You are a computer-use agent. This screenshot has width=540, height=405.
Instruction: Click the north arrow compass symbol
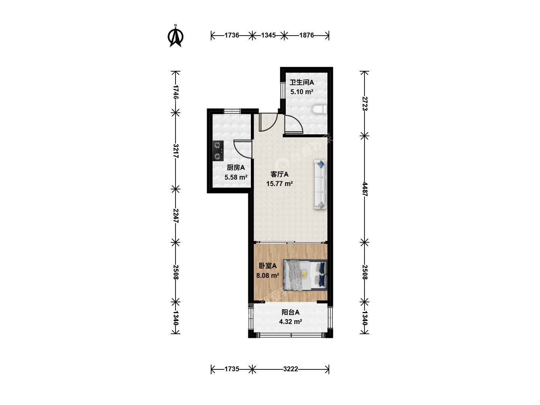point(175,36)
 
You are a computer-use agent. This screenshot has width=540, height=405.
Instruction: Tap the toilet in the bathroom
point(319,109)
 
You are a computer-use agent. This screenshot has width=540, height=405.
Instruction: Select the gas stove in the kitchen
point(218,151)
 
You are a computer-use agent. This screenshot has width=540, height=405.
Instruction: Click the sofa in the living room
point(320,184)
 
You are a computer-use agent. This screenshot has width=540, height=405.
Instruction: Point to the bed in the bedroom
point(305,275)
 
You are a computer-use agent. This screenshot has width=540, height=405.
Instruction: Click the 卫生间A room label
point(301,82)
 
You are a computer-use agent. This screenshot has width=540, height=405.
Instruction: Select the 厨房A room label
point(235,168)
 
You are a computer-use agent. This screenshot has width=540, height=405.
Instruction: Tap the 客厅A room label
point(279,174)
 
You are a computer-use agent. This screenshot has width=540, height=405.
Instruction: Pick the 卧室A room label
point(268,266)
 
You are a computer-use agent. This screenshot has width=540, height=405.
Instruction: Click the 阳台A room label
point(291,312)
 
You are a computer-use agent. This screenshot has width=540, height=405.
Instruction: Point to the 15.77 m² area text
point(279,184)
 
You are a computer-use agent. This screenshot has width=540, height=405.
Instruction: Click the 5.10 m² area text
point(301,92)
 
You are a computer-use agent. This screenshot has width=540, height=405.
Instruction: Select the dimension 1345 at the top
point(268,35)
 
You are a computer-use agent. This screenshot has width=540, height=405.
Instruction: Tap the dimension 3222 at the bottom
point(291,369)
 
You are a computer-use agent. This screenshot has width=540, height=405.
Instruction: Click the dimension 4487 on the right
point(365,189)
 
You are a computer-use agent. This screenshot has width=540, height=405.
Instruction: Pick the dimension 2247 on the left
point(175,216)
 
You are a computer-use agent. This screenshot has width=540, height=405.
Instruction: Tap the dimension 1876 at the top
point(306,35)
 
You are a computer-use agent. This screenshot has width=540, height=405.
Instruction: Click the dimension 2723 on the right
point(365,103)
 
